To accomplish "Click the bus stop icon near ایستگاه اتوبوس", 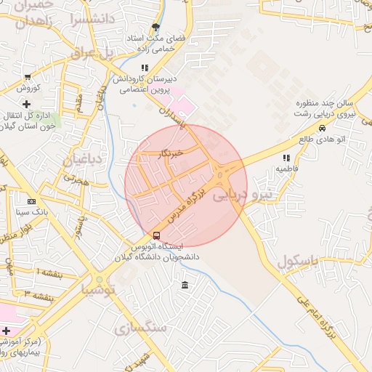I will click(156, 235).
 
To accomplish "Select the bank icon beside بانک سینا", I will click(31, 201).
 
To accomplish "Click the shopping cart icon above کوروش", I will click(28, 76).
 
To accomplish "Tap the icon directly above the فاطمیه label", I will click(286, 157).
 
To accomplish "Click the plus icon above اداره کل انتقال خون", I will click(26, 104).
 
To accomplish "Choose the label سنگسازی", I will click(142, 328).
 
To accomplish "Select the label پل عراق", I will click(93, 52).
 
